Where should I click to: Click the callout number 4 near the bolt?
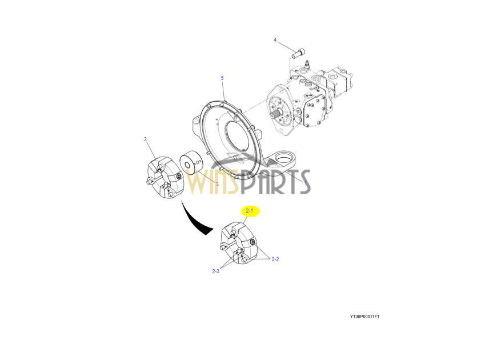tap(275, 40)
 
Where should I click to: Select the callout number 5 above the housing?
tap(222, 78)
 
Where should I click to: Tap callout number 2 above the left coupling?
tap(145, 139)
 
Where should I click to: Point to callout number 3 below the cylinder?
tap(217, 184)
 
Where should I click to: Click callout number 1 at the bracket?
tap(306, 182)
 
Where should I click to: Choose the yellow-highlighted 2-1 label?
tap(250, 211)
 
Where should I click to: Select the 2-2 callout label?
tap(275, 259)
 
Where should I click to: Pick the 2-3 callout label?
tap(215, 271)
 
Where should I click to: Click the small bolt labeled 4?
tap(299, 54)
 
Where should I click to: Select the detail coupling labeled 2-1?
tap(239, 243)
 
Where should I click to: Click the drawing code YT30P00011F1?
tap(364, 316)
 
